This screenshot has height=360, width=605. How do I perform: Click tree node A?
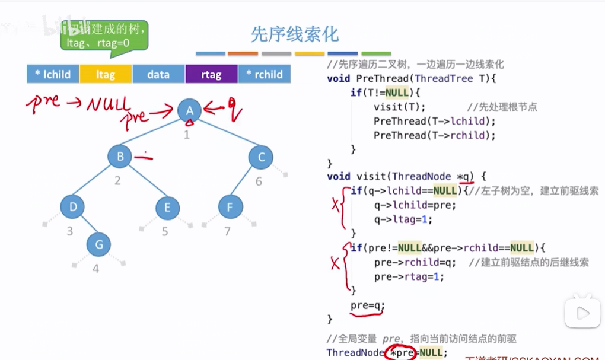(190, 110)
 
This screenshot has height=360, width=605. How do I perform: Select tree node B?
(120, 157)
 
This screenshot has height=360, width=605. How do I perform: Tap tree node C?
(261, 157)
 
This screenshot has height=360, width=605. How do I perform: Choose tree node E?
(167, 207)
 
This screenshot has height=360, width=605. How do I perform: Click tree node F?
(230, 207)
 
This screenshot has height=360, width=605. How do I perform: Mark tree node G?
(98, 244)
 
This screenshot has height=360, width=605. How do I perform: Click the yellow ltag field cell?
(106, 74)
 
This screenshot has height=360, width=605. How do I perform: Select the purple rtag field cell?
(211, 74)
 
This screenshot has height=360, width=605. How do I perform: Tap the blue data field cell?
(158, 74)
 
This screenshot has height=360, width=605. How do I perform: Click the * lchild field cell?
(53, 74)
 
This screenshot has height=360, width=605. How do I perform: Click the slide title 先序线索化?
(295, 34)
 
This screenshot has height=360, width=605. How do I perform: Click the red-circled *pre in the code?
(400, 352)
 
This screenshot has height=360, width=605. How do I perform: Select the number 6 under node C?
(259, 181)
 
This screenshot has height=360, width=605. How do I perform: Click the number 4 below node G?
(95, 269)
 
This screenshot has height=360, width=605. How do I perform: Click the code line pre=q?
(367, 306)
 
